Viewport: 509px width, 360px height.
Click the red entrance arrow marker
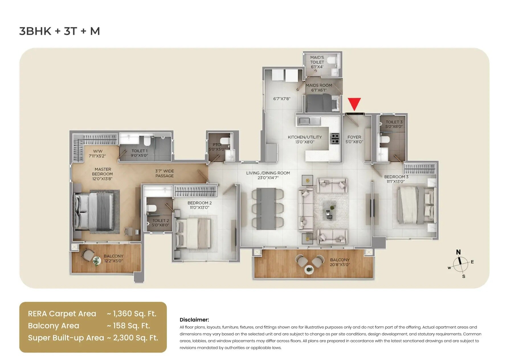click(x=354, y=104)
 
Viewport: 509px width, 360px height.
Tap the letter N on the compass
click(x=458, y=252)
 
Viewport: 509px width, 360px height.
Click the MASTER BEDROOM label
click(x=103, y=174)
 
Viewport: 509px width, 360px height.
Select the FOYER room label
click(x=354, y=137)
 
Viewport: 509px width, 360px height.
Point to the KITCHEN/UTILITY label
click(x=305, y=137)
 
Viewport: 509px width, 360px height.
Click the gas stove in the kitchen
click(x=335, y=139)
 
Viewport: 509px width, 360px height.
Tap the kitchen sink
click(x=305, y=121)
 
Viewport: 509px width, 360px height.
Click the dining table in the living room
click(x=266, y=209)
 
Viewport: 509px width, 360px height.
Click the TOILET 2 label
click(x=161, y=221)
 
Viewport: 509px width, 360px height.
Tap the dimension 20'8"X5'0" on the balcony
click(x=340, y=265)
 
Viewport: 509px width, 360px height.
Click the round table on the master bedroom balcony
click(x=97, y=260)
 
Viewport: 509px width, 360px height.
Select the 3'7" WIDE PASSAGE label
click(x=164, y=173)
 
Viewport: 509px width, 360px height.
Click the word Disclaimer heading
click(x=194, y=320)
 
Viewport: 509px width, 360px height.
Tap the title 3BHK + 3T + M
click(x=60, y=31)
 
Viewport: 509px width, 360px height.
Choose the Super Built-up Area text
click(x=66, y=338)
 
